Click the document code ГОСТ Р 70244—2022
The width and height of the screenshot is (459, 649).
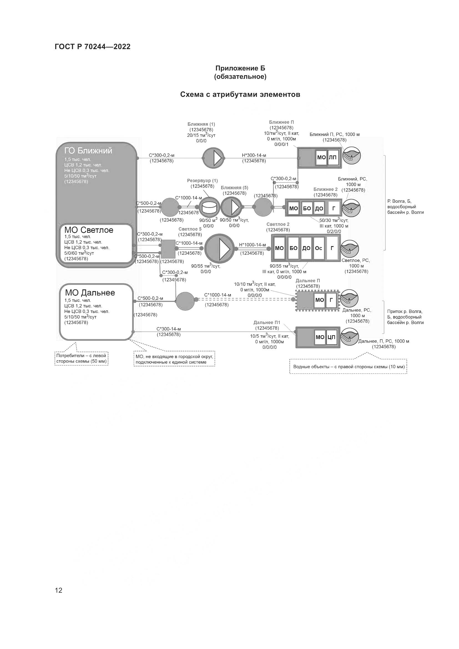coord(92,47)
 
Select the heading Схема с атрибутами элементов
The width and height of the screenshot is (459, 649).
coord(240,94)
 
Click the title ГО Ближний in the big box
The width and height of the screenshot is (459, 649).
coord(88,151)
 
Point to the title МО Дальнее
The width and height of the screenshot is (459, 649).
coord(90,292)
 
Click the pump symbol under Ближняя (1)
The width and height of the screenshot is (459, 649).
coord(213,158)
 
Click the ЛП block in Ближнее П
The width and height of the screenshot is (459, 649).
coord(333,157)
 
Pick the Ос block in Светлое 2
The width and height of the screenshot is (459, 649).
coord(319,248)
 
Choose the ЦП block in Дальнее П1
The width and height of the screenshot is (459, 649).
coord(331,337)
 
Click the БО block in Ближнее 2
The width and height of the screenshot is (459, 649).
coord(307,209)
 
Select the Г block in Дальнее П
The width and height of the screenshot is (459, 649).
coord(331,300)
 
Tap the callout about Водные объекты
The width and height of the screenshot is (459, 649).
coord(348,367)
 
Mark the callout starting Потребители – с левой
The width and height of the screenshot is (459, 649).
coord(81,358)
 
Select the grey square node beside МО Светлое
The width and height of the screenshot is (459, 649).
coord(168,249)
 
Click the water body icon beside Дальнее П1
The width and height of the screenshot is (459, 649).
coord(349,336)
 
